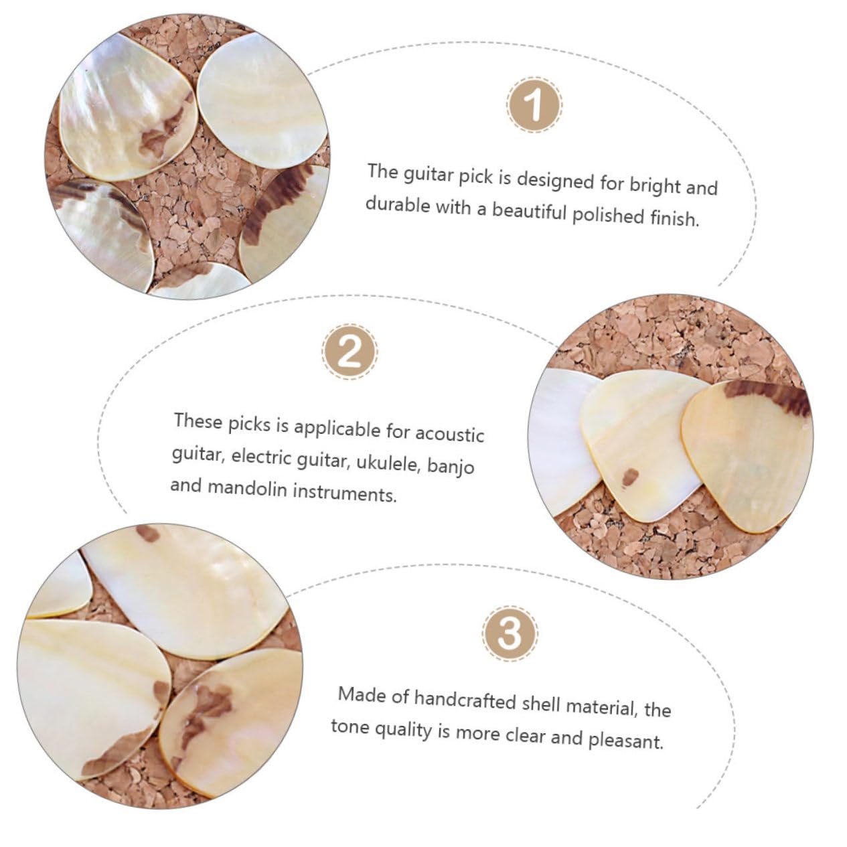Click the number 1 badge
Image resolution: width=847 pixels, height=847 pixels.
(534, 105)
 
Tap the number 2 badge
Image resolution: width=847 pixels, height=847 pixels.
(350, 352)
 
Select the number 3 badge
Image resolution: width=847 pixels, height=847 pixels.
(510, 633)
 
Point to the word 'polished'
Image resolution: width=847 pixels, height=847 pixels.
(608, 215)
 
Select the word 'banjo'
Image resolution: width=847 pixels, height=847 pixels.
(451, 466)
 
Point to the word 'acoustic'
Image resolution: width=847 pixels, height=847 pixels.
(449, 434)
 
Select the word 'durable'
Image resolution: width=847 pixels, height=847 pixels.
(398, 204)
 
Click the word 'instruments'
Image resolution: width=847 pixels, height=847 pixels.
(345, 492)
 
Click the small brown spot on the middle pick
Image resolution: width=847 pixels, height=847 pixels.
(630, 477)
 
